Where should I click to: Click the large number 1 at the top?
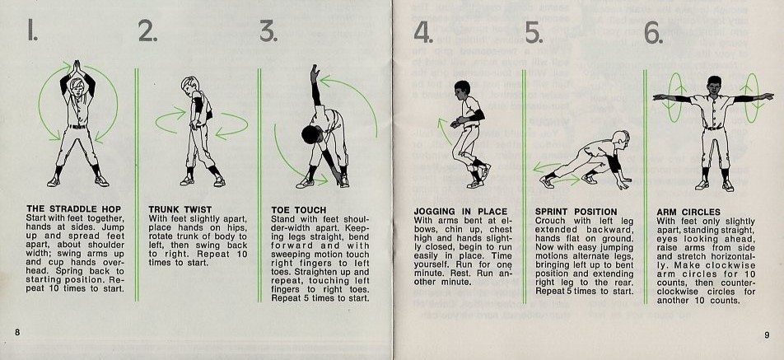(32, 32)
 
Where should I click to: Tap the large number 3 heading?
(268, 32)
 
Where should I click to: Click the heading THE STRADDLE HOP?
(73, 209)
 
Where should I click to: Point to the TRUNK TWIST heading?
(180, 209)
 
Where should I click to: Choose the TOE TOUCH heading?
(298, 210)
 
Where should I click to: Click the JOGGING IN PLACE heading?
(460, 212)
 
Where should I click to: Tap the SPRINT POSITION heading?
(576, 212)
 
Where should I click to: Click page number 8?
(17, 333)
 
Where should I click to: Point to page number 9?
(767, 335)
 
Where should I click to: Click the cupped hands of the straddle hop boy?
(76, 68)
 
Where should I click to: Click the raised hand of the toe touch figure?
(314, 73)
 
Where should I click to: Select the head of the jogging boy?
(462, 89)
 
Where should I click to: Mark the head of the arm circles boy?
(714, 85)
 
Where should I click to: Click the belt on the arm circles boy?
(714, 128)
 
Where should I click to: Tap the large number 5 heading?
(534, 33)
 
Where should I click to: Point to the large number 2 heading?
(147, 32)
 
